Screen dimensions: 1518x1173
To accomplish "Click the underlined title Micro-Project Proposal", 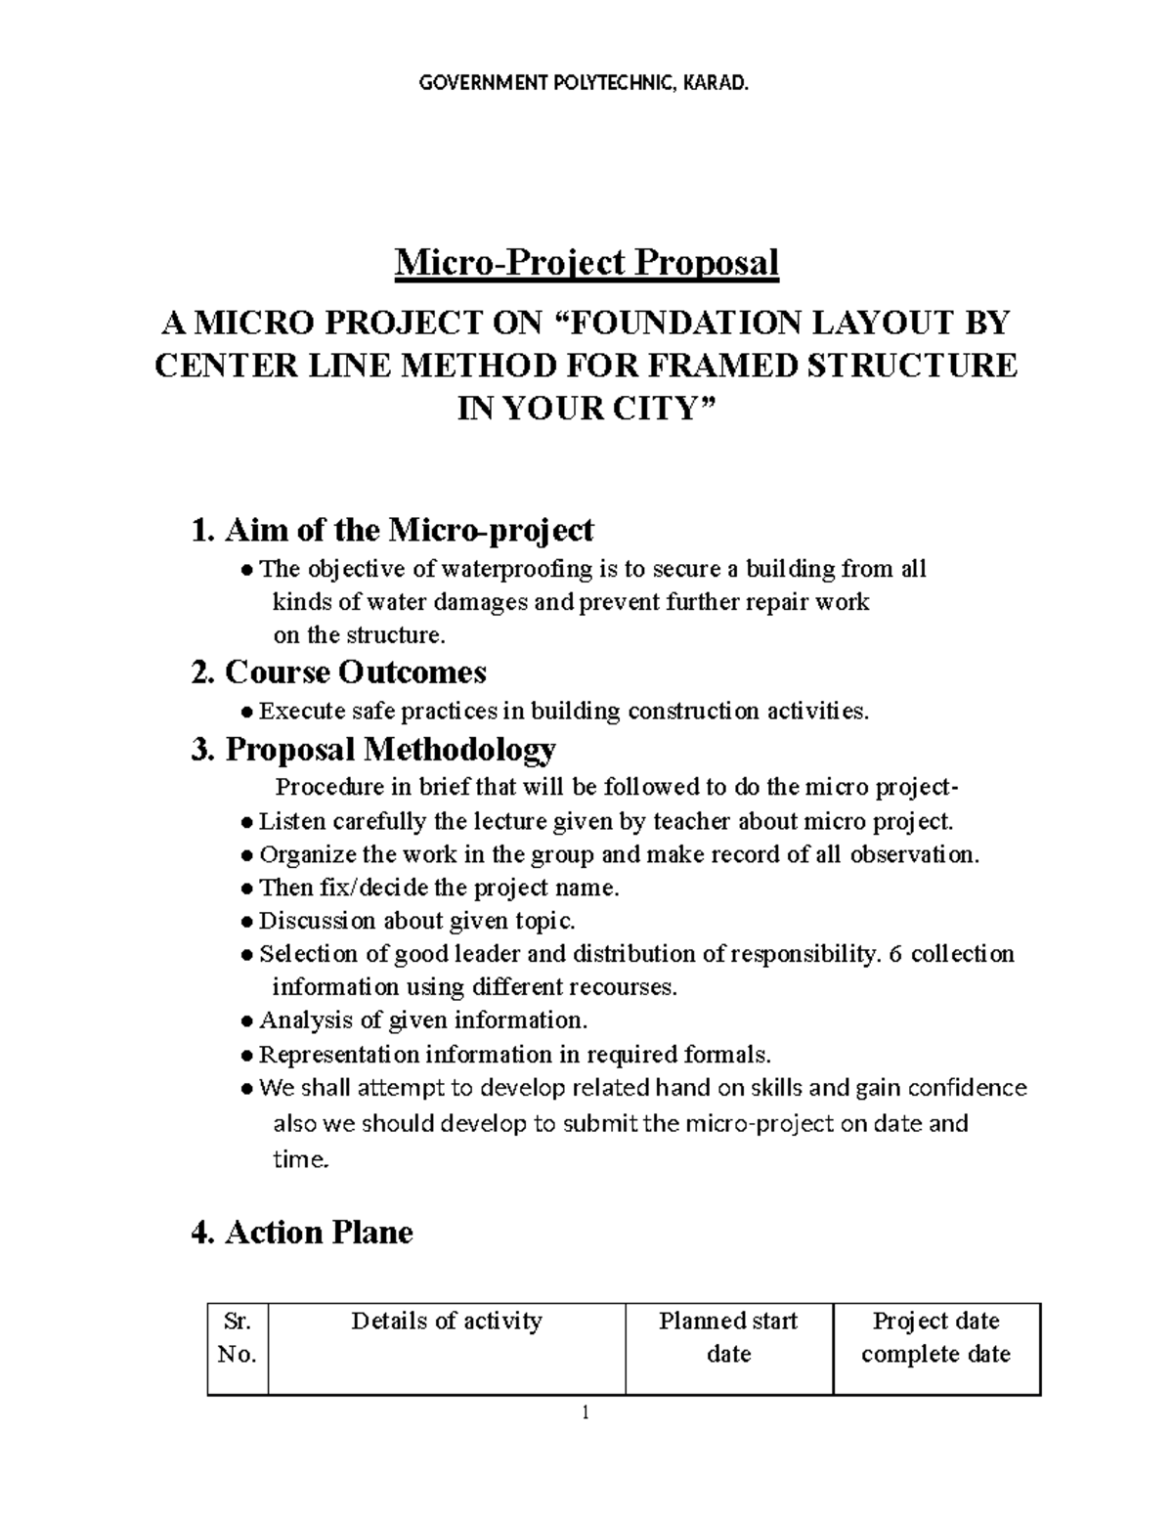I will coord(586,263).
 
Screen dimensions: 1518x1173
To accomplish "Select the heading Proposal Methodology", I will coord(374,750).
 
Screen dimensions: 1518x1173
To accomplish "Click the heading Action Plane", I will coord(303,1233).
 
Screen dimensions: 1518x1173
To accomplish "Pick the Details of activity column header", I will coord(446,1322).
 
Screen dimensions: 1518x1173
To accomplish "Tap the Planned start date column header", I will coord(728,1337).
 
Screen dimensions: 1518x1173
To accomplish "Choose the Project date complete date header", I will coord(935,1337).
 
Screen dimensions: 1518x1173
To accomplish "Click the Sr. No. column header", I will coord(238,1337).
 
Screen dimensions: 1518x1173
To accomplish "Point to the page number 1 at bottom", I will coord(585,1412).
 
